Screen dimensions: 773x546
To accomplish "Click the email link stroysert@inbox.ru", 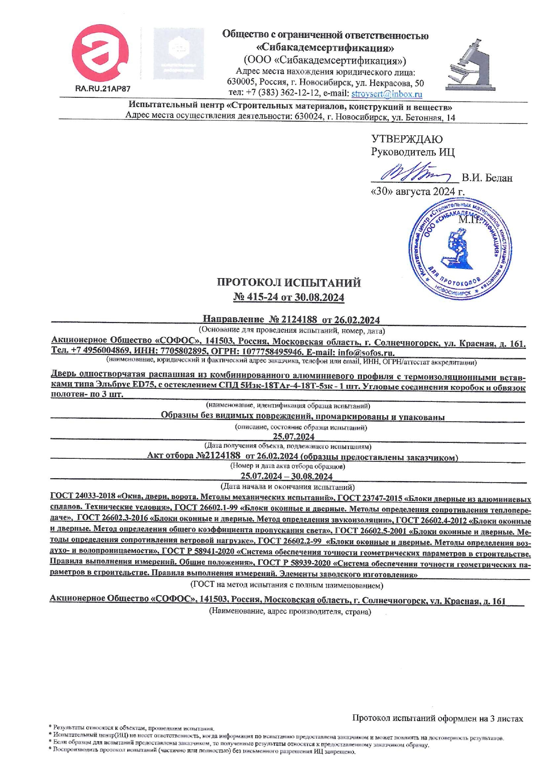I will (387, 94).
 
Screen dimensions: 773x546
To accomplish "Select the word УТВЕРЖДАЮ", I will (407, 140).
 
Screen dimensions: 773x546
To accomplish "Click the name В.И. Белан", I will (487, 178).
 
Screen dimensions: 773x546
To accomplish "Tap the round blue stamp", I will (460, 251).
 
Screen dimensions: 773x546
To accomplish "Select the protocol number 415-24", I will (262, 297).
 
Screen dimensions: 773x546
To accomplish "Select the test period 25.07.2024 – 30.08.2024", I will (287, 476).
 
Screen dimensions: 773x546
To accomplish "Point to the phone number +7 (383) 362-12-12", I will (274, 93).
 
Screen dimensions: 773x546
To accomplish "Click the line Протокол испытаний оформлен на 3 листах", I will (437, 719).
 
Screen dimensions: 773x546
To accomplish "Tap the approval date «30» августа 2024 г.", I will (418, 192).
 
